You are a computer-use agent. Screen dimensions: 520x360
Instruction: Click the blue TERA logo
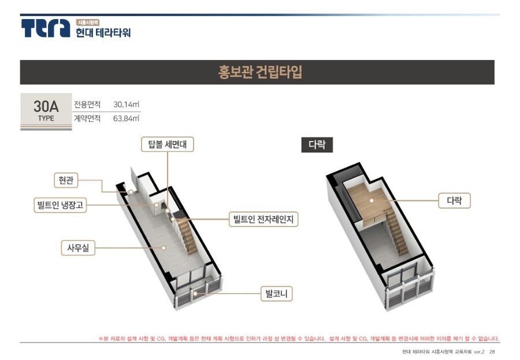(x=46, y=28)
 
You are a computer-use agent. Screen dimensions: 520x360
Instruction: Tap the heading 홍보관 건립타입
(x=260, y=72)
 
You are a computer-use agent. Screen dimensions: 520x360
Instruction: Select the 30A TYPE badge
(x=46, y=112)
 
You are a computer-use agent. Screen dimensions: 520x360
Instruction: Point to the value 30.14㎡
(x=126, y=105)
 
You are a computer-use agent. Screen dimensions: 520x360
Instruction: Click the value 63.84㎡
(x=126, y=118)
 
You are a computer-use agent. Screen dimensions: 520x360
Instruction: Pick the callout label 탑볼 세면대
(x=168, y=144)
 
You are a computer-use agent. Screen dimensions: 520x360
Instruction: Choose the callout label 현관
(x=66, y=180)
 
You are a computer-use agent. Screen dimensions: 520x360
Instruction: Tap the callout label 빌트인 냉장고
(x=60, y=205)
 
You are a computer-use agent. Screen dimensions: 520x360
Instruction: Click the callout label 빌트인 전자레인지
(x=263, y=220)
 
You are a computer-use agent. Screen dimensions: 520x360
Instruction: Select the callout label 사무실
(x=78, y=248)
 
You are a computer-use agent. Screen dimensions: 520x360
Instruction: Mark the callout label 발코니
(x=276, y=294)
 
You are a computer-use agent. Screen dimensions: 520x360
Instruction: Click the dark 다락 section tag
(x=317, y=144)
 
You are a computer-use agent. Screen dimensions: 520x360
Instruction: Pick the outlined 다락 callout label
(x=454, y=201)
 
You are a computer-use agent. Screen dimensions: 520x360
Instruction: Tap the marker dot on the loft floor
(x=372, y=201)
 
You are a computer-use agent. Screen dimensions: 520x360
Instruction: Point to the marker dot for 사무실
(x=164, y=248)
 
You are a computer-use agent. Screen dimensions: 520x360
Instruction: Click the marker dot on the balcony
(x=196, y=294)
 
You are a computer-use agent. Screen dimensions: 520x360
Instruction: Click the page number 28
(x=492, y=352)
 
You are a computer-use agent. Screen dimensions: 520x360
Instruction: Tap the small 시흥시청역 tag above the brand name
(x=88, y=23)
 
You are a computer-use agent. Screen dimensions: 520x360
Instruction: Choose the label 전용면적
(x=87, y=105)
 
